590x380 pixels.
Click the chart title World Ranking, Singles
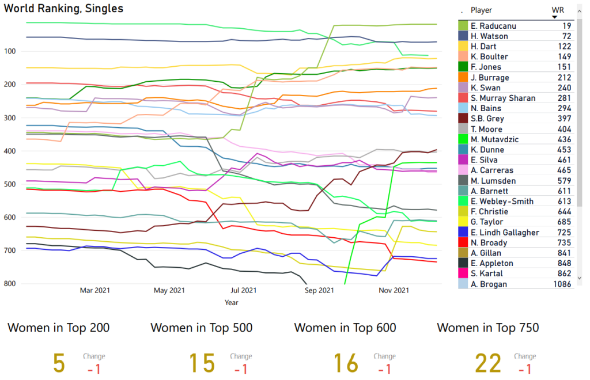click(x=63, y=9)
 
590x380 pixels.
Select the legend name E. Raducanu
click(x=493, y=26)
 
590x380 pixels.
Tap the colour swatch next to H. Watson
click(x=463, y=36)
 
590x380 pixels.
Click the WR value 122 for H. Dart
click(x=564, y=47)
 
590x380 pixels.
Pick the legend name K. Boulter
click(x=489, y=57)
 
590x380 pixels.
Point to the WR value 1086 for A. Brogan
click(x=562, y=284)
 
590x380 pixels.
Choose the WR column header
click(x=557, y=10)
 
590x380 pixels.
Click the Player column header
click(x=481, y=10)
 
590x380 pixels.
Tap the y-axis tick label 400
click(x=14, y=151)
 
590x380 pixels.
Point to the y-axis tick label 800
click(x=14, y=283)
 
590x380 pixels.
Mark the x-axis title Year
click(x=232, y=302)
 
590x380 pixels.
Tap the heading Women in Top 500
click(x=201, y=328)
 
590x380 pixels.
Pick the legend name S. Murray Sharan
click(x=498, y=98)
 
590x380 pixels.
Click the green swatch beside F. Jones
click(x=463, y=67)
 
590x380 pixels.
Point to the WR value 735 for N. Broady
click(x=564, y=243)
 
